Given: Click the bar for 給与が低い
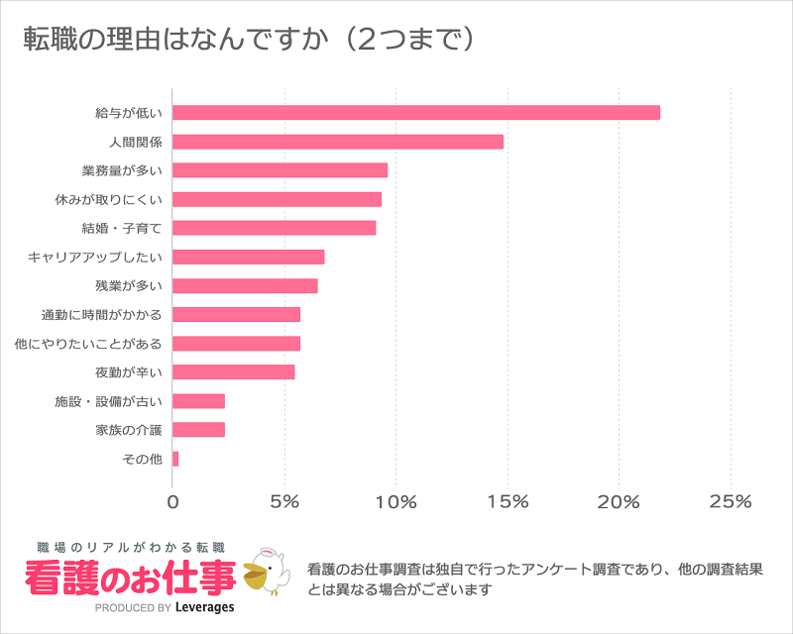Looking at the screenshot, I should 416,112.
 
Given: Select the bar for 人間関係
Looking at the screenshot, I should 338,142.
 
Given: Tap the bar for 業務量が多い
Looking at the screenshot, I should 281,170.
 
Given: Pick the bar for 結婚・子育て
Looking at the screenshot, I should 275,228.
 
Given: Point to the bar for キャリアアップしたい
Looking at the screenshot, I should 249,258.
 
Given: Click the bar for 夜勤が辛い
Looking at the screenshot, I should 234,372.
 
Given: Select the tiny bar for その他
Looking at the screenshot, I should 175,459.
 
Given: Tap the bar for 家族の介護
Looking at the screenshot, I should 199,430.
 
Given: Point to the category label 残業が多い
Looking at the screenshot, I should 128,286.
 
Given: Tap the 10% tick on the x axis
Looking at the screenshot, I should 396,502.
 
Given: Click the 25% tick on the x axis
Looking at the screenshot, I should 731,502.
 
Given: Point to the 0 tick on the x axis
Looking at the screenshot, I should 173,502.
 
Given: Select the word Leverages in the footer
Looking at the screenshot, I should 204,607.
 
